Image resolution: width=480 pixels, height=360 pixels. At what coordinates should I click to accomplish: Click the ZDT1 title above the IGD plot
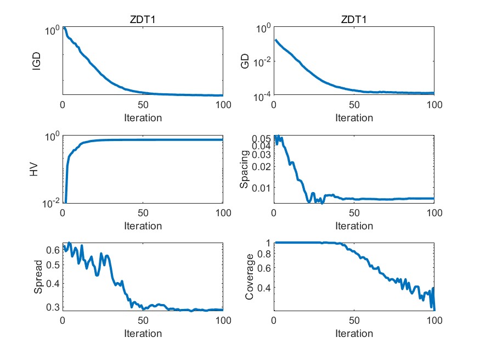143,20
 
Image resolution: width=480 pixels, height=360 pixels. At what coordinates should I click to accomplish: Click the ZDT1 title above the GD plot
354,20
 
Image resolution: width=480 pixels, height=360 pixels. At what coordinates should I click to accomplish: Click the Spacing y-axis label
245,170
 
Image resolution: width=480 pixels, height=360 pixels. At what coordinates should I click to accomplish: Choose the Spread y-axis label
37,277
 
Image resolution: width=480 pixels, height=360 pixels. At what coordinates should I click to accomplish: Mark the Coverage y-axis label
249,277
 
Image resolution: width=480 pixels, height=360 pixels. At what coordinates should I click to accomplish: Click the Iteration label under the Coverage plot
354,333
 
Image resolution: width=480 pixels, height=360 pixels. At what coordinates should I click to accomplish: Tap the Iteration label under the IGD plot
143,117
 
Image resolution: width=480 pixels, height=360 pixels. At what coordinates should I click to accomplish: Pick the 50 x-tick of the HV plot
143,213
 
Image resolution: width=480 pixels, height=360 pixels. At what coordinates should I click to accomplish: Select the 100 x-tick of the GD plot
433,105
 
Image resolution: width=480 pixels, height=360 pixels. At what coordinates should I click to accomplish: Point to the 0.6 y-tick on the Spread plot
52,250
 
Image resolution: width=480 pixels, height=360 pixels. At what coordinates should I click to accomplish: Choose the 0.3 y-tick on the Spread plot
52,307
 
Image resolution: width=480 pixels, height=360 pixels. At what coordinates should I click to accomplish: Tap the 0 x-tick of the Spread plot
63,321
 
